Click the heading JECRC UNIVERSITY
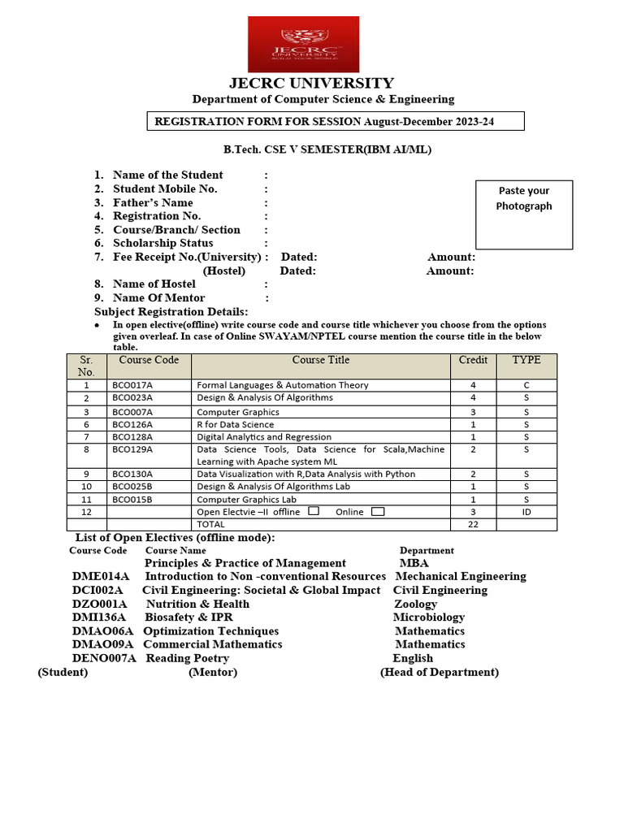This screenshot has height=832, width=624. [311, 83]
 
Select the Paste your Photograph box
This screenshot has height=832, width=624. [524, 214]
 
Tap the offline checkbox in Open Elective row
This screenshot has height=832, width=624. [314, 511]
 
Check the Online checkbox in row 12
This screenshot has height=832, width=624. [378, 511]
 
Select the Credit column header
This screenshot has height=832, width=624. [473, 360]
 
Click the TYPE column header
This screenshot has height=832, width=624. [526, 360]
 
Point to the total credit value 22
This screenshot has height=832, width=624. [473, 524]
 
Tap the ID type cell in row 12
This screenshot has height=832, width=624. [526, 512]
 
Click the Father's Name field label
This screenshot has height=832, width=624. [153, 202]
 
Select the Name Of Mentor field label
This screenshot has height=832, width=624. [160, 298]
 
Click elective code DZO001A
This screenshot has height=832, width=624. [100, 604]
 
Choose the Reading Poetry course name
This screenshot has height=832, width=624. [188, 658]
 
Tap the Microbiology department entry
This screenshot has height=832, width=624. [429, 617]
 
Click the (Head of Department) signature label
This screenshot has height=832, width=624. [440, 672]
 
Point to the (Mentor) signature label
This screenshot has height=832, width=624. [213, 672]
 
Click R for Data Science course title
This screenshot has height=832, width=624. [236, 424]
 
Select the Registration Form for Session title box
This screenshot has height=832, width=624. [335, 122]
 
